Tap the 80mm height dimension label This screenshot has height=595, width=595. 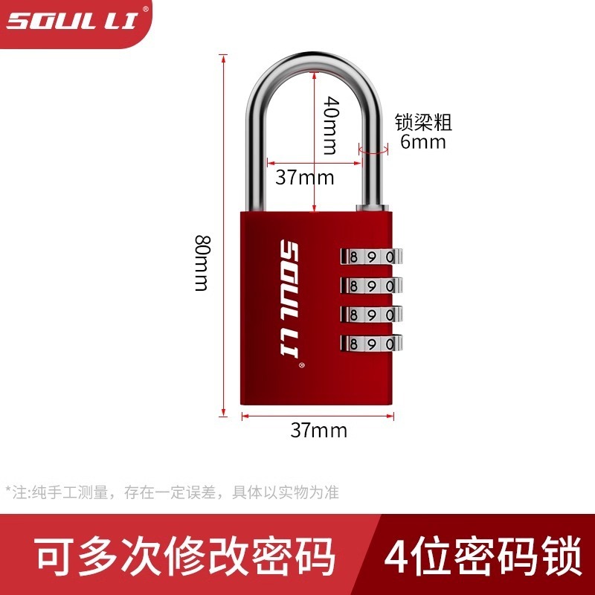click(202, 263)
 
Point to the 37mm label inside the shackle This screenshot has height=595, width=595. click(304, 178)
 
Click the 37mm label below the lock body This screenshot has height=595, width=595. click(318, 430)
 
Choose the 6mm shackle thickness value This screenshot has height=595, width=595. click(422, 141)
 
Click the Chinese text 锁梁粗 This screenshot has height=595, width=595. click(422, 121)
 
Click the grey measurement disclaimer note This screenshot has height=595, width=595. click(172, 492)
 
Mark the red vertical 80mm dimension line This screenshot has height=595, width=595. click(223, 297)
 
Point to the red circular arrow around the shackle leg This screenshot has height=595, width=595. click(373, 149)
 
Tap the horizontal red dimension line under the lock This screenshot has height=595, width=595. click(318, 416)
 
